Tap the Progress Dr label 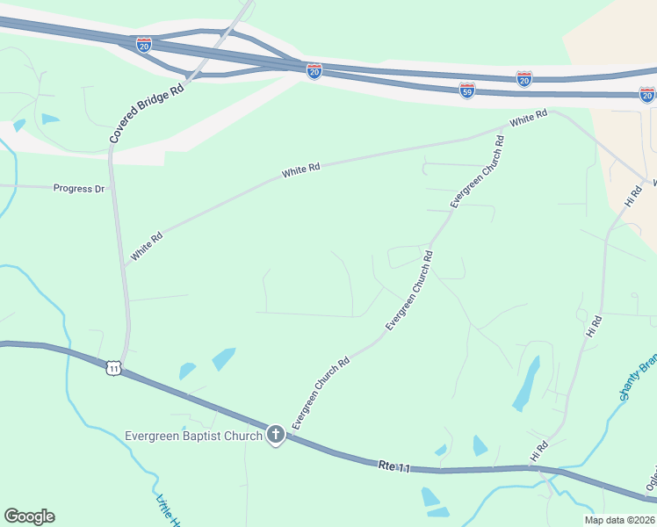[78, 188]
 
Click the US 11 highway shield [112, 367]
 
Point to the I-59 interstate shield [467, 90]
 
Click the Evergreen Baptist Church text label [194, 436]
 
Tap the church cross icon [276, 435]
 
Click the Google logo [29, 516]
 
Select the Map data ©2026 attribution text [618, 520]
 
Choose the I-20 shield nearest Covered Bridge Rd [144, 44]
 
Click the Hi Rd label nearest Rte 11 [538, 451]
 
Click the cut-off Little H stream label [167, 511]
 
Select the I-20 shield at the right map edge [647, 93]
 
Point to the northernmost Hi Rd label [633, 196]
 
